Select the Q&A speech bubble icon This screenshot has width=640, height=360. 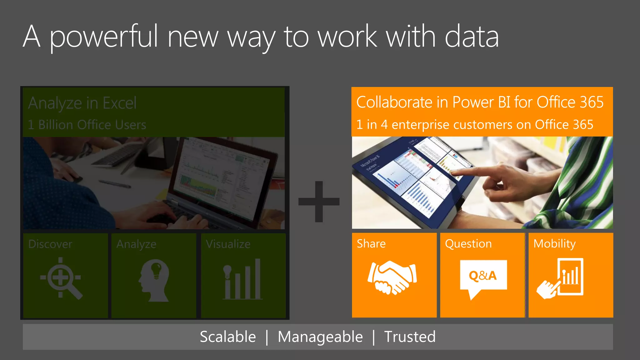483,277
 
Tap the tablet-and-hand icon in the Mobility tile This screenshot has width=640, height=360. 561,278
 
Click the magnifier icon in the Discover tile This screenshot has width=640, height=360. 61,278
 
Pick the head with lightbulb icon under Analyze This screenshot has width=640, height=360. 154,280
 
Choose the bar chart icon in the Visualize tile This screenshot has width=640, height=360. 242,279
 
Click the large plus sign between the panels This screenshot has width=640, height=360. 319,202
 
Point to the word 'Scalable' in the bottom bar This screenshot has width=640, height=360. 228,337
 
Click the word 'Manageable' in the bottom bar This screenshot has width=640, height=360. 320,337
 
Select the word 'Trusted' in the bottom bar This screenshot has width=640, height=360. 410,337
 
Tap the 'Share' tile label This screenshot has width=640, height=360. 371,244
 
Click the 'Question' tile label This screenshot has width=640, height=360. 468,244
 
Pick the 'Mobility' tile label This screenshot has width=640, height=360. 554,244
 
